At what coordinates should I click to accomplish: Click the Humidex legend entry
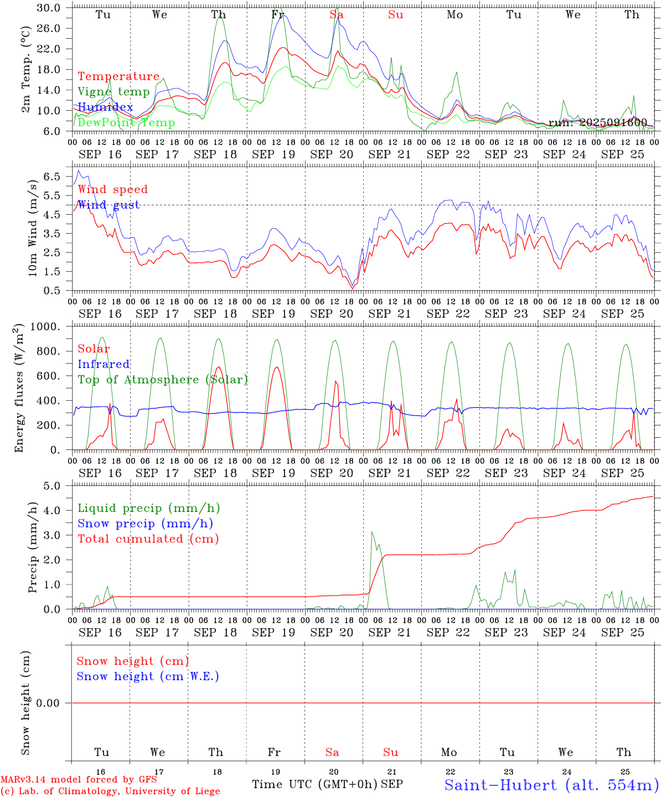click(x=105, y=107)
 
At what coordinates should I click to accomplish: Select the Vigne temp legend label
click(x=113, y=92)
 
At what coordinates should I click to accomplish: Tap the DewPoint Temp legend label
click(x=126, y=123)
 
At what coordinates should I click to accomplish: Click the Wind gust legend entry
click(x=109, y=205)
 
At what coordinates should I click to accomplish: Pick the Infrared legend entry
click(x=104, y=364)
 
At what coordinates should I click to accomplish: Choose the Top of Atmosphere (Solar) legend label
click(x=163, y=380)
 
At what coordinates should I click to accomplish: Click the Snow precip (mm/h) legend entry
click(x=145, y=524)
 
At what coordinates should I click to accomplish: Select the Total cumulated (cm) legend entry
click(x=148, y=539)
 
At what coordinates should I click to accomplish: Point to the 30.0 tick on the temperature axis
click(x=49, y=8)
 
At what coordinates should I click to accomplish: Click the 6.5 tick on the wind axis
click(x=53, y=176)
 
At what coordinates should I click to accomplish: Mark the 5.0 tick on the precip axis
click(x=53, y=486)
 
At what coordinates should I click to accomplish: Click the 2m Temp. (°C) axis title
click(x=26, y=76)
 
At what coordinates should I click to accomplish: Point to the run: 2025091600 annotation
click(x=597, y=123)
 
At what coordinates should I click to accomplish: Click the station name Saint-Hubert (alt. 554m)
click(x=551, y=785)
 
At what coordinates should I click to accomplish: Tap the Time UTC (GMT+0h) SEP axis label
click(x=327, y=784)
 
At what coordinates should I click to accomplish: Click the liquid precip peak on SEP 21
click(x=372, y=532)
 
